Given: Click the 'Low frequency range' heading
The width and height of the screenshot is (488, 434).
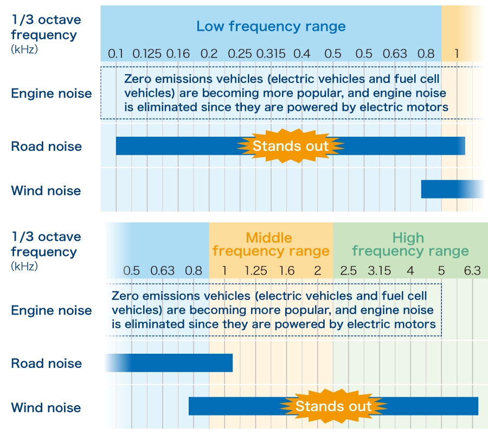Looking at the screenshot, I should pos(271,26).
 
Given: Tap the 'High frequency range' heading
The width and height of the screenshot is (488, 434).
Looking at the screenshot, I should pos(410,245).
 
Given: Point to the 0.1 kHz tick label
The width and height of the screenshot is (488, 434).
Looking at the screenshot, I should pos(115,54).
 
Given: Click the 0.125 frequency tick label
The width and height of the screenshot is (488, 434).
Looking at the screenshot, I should pos(147,54).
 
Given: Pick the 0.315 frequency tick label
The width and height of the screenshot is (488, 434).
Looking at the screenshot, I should pos(271,54).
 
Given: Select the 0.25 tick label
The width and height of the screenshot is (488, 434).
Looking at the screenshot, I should pos(240,54).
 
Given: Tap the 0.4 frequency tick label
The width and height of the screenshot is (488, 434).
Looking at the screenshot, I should pos(302,54).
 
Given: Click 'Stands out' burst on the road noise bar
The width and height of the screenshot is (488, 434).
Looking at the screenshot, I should pos(291,146).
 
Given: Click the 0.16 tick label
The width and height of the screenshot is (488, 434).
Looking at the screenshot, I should pos(178,54).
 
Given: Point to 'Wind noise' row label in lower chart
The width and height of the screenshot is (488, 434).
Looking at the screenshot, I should pos(46,408).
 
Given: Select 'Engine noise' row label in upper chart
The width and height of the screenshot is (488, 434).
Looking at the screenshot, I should pos(52,93).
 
